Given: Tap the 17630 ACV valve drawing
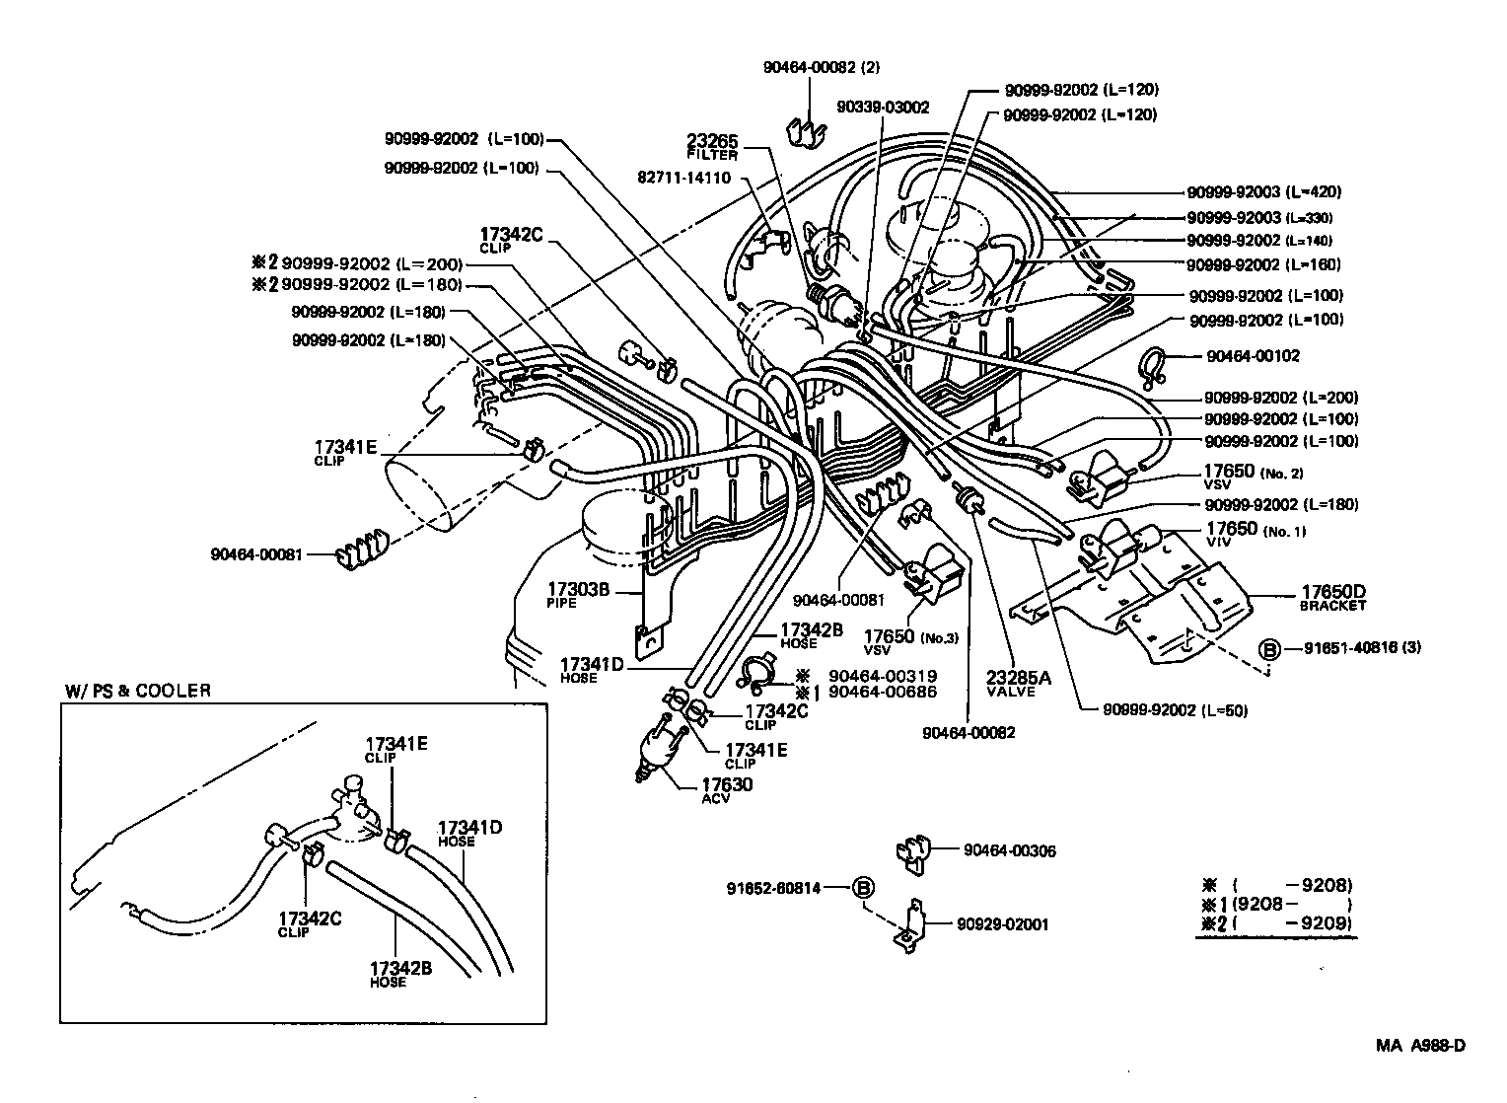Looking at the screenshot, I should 658,751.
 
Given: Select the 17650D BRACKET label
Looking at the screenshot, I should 1332,599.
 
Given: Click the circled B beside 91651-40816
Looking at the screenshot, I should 1270,648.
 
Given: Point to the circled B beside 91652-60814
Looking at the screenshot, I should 863,888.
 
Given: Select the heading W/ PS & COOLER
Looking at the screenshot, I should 138,691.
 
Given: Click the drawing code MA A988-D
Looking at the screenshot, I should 1420,1046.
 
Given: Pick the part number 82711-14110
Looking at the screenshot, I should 684,178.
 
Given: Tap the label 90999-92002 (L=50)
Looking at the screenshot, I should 1163,710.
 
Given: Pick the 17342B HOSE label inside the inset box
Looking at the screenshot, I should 399,975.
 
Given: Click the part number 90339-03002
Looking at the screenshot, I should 883,107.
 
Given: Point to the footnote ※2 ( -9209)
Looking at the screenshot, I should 1276,924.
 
